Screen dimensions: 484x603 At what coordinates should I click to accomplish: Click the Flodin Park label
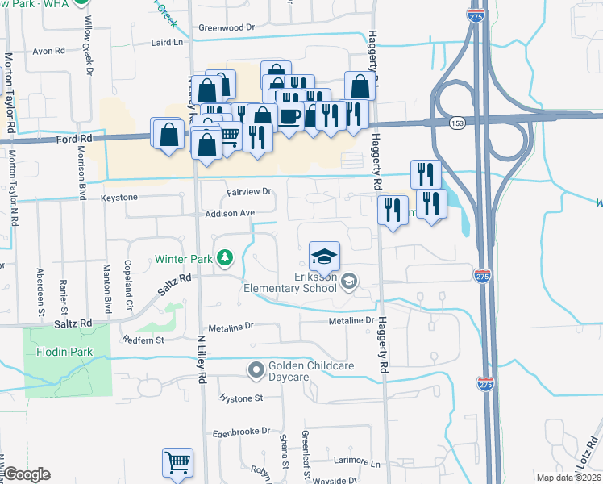64,353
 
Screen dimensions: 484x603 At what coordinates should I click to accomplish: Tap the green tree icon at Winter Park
227,259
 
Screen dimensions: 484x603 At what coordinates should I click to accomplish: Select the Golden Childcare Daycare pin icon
256,371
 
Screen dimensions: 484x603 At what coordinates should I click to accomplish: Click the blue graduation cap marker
324,257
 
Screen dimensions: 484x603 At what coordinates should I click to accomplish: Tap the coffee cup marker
289,117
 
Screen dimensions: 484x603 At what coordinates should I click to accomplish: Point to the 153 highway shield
457,123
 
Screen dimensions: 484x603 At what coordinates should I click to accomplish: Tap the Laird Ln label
167,41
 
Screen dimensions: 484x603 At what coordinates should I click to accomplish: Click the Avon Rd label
48,50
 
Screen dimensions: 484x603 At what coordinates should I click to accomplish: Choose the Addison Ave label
230,213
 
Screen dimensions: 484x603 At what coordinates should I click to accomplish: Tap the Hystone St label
242,398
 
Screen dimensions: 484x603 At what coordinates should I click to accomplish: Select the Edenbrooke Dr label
240,432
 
